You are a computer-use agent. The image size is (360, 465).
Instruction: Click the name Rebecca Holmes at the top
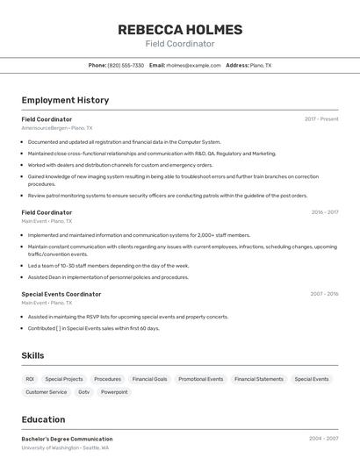point(179,30)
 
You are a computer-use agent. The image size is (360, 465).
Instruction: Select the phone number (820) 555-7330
point(126,65)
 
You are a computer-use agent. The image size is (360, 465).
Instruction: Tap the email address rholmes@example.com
point(193,65)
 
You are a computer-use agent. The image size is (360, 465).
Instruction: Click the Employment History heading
point(65,100)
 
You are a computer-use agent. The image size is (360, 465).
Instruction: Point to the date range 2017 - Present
point(321,118)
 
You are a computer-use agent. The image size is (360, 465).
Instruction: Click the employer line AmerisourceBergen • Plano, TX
point(56,128)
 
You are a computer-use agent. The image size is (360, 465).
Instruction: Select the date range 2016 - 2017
point(324,212)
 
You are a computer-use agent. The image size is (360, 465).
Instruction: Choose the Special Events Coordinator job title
point(61,294)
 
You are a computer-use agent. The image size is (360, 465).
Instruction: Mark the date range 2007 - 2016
point(324,294)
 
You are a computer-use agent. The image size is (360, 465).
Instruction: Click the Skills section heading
point(32,355)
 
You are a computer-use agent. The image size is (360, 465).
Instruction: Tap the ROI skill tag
point(30,379)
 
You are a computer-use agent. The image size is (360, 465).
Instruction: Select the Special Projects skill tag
point(64,379)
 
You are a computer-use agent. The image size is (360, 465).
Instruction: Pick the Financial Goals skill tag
point(149,379)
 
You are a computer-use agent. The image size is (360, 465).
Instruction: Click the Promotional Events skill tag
point(200,379)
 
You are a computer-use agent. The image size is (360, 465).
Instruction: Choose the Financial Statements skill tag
point(259,379)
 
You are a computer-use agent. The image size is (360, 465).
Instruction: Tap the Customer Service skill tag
point(46,392)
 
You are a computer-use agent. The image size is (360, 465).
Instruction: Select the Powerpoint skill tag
point(114,392)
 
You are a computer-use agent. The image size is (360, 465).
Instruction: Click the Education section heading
point(43,419)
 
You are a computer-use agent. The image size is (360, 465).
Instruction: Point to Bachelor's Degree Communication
point(67,439)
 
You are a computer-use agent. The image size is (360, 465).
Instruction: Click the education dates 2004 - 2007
point(323,439)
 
